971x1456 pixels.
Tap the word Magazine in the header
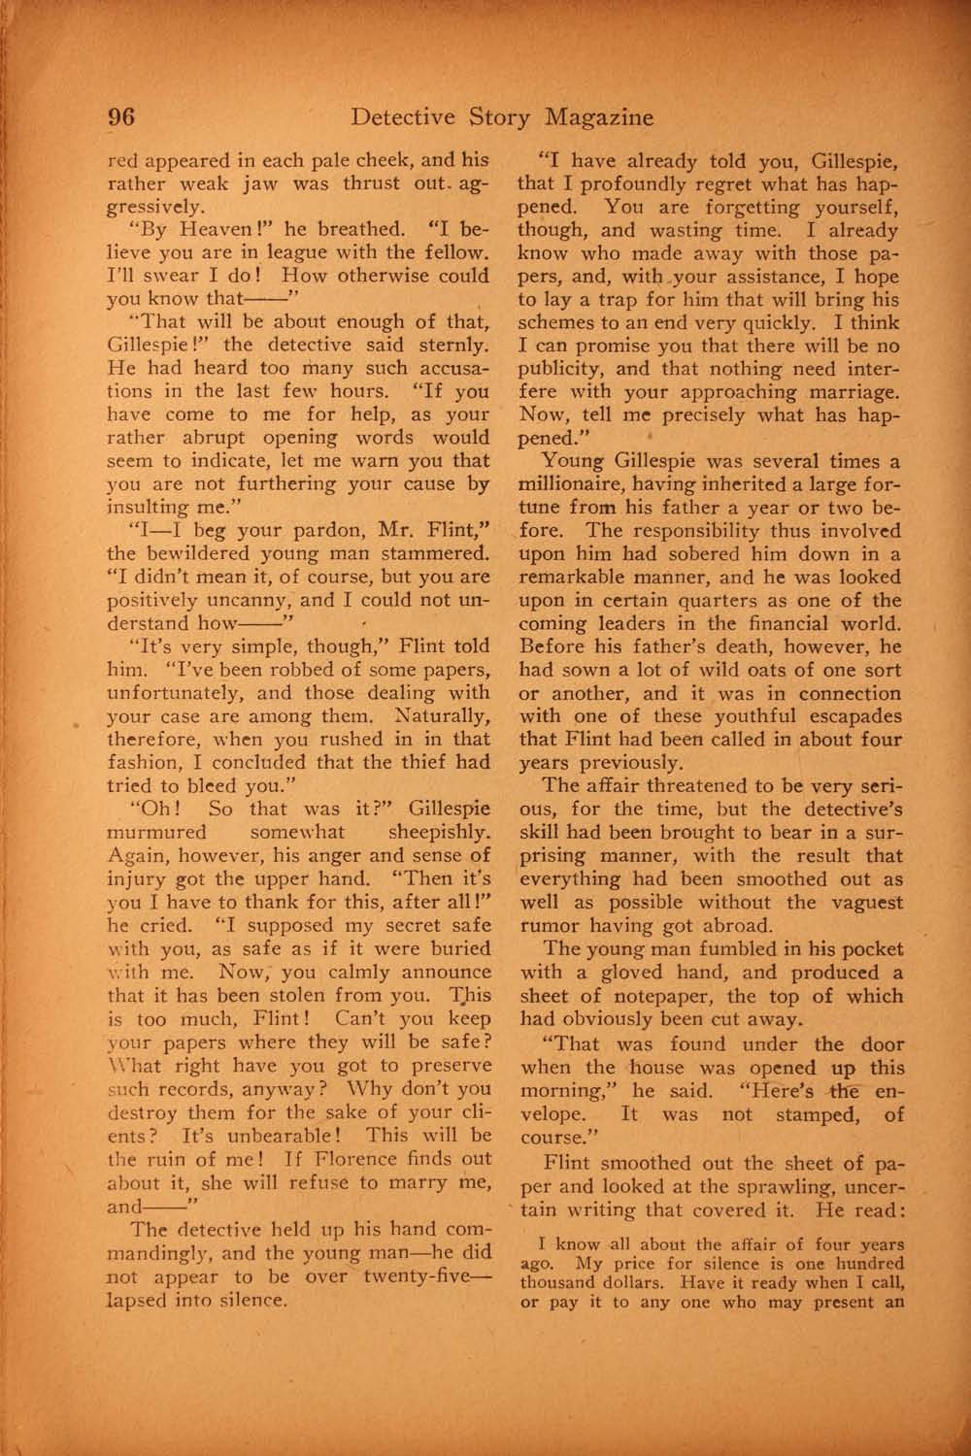click(x=599, y=117)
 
